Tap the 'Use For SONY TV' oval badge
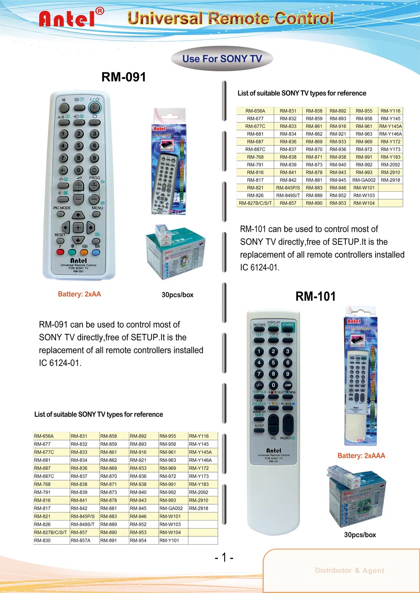coord(222,59)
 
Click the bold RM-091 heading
coord(124,77)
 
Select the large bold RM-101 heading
coord(315,296)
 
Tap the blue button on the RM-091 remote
coord(96,252)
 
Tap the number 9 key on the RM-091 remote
coord(94,158)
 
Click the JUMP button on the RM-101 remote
coord(288,385)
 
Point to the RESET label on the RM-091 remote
coord(60,235)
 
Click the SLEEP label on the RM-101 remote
coord(259,426)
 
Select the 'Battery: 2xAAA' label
coord(361,456)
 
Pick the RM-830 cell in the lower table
coord(42,540)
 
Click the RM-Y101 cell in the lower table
coord(169,540)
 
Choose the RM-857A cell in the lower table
coord(81,540)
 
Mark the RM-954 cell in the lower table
coord(138,540)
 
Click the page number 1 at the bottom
coord(224,557)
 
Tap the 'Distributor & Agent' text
coord(349,570)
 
